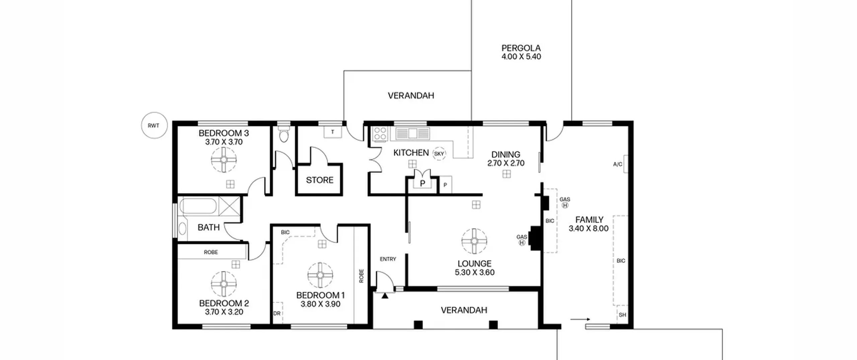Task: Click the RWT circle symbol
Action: point(154,126)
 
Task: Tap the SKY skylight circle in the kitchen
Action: point(439,154)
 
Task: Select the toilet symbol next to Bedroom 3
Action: point(284,134)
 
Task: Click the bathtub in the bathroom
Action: point(198,206)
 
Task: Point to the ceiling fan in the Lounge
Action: point(474,241)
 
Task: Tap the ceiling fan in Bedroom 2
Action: point(224,284)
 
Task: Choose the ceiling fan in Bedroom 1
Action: point(320,275)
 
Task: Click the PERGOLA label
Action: point(521,48)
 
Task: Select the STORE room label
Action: point(320,180)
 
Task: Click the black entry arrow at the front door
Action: point(385,295)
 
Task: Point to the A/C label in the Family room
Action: point(618,164)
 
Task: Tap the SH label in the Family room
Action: point(622,315)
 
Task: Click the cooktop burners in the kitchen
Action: point(380,133)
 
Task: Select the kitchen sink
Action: point(412,133)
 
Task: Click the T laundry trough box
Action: point(332,132)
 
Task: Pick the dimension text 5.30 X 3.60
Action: point(474,272)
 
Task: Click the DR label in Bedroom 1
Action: point(277,313)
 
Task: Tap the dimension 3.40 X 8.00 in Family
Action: point(589,228)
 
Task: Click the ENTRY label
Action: point(388,259)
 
